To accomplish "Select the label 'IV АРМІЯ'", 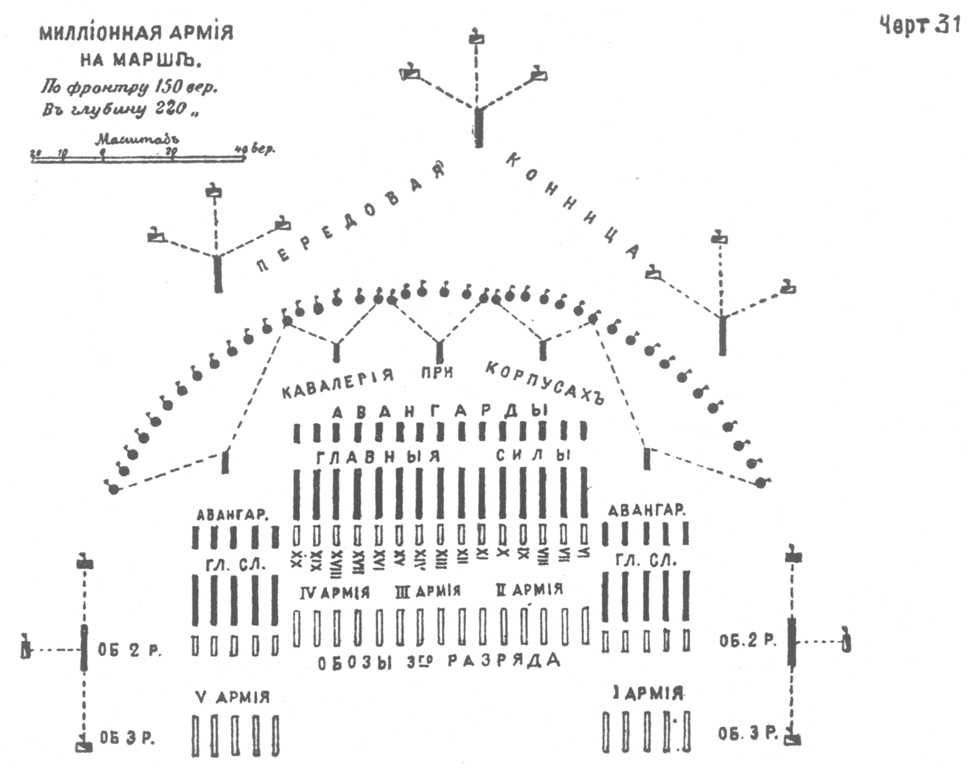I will [x=334, y=593].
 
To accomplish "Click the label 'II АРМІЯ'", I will [x=529, y=589].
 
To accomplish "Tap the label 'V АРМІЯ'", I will [x=233, y=697].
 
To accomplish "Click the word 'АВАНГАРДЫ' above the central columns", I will [x=439, y=412].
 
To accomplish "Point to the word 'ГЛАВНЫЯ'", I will [x=378, y=457].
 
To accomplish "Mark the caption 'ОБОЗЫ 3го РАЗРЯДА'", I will [x=439, y=662].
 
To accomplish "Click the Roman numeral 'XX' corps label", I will [x=297, y=559].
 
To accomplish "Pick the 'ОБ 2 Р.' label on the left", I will [x=129, y=650].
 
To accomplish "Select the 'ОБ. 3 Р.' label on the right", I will [x=748, y=734].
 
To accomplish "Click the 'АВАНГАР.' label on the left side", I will [x=232, y=515].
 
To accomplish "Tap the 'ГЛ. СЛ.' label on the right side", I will [x=646, y=561].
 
